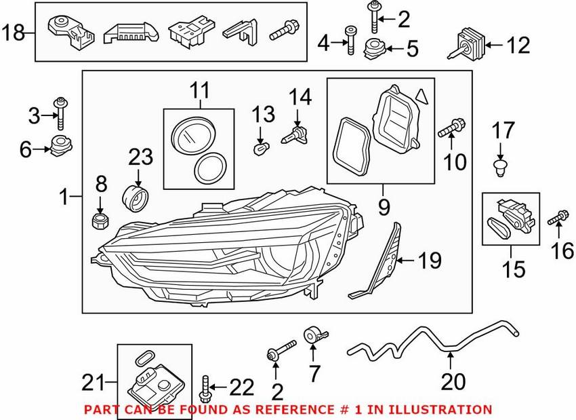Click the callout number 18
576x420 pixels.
(x=15, y=31)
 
